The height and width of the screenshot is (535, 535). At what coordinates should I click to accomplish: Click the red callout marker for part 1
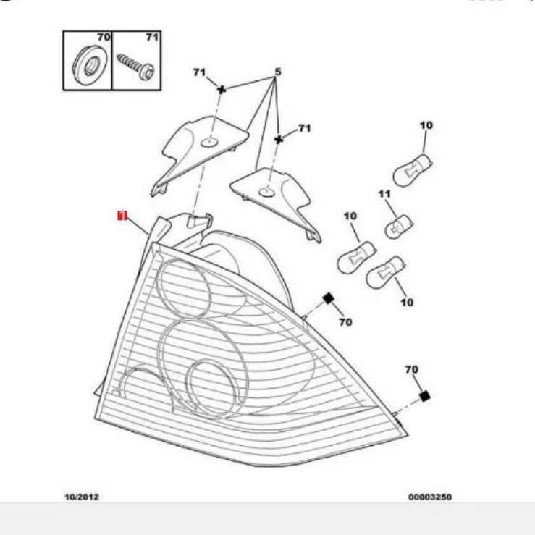click(x=122, y=215)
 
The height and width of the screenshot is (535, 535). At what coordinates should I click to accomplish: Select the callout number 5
click(x=277, y=72)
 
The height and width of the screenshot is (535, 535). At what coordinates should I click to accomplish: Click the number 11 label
click(x=384, y=194)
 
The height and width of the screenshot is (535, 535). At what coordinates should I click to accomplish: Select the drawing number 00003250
click(x=430, y=497)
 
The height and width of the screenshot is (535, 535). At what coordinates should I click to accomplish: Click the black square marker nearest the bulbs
click(x=327, y=298)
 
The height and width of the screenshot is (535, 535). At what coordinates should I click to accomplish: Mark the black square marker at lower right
click(x=425, y=396)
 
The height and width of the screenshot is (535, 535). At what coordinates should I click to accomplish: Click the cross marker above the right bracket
click(x=278, y=138)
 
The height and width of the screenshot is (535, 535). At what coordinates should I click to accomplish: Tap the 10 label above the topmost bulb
click(x=426, y=125)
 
